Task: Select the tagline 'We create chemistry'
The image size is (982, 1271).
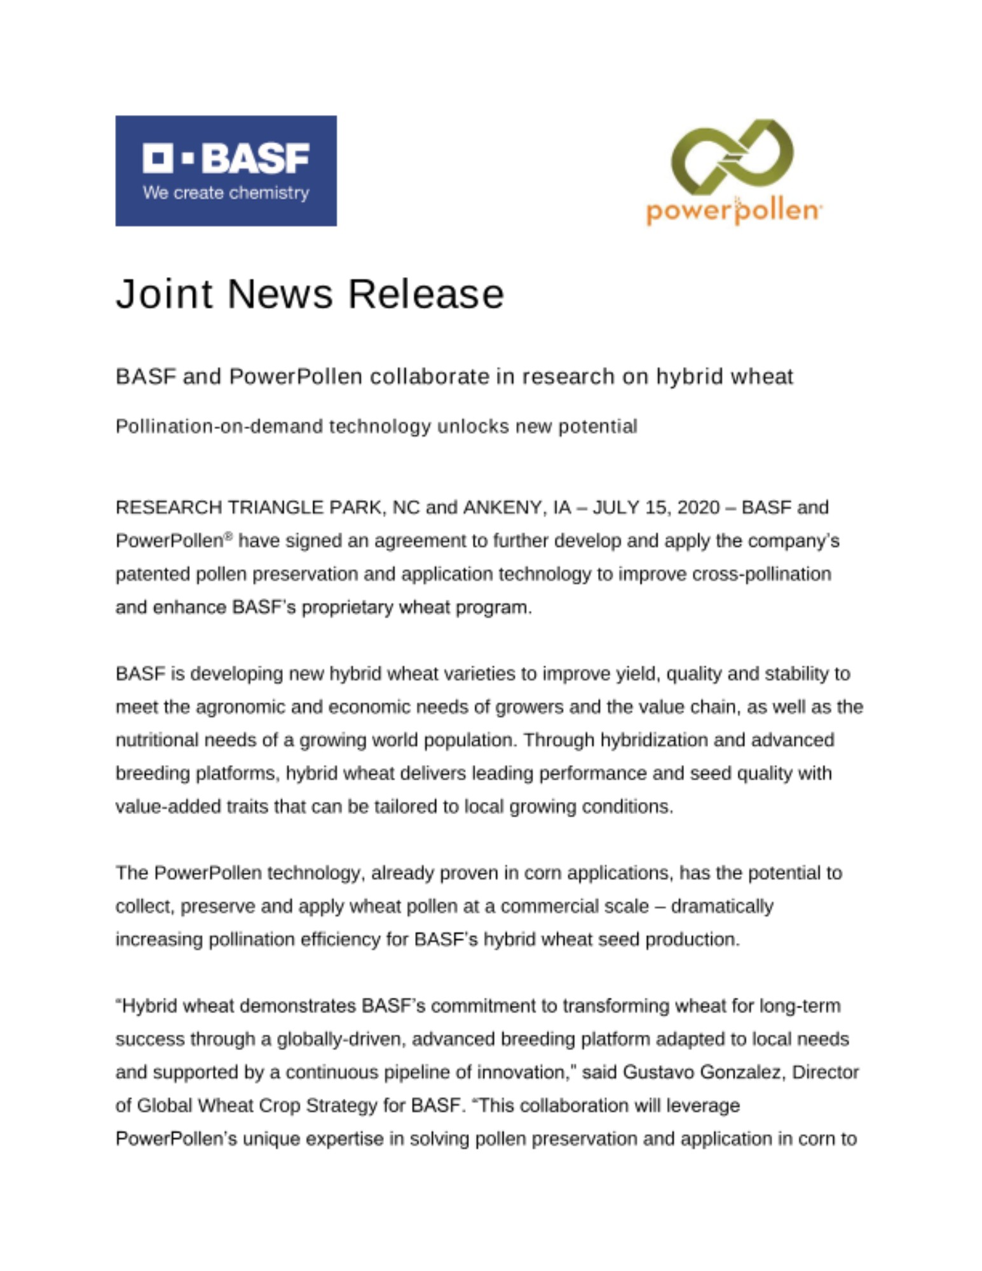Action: (226, 193)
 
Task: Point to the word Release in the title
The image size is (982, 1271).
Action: (425, 294)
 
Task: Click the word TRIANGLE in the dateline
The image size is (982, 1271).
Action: (275, 507)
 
